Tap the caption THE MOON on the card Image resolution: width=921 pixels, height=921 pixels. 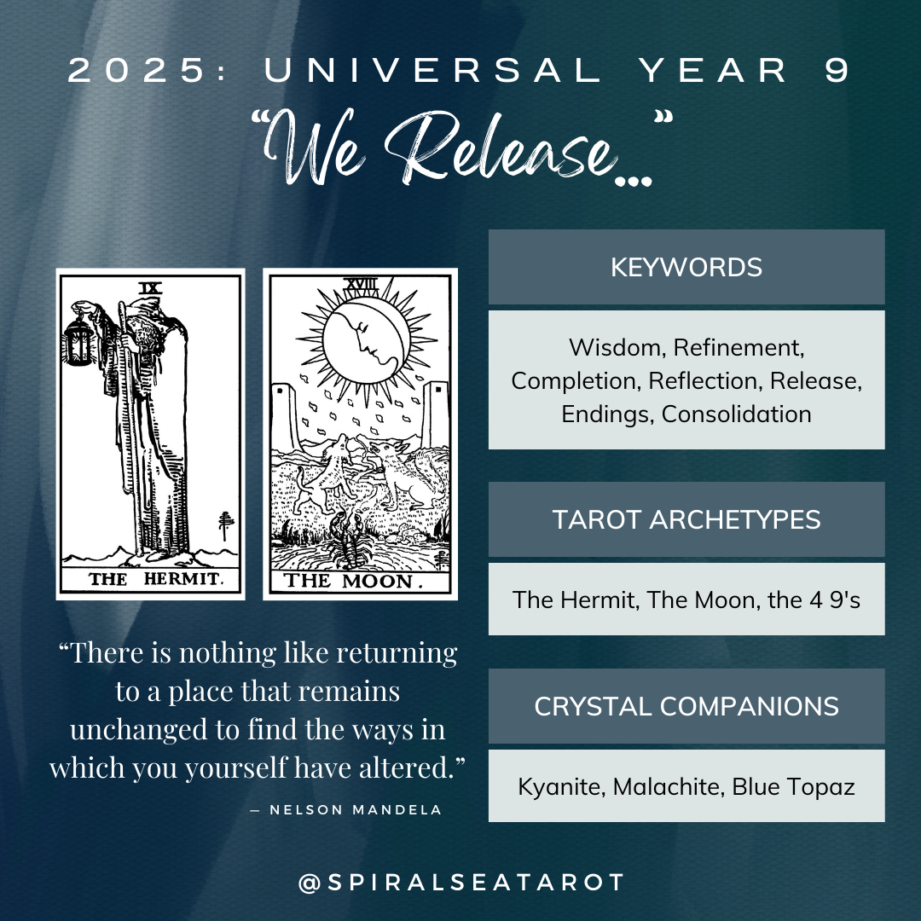coord(353,582)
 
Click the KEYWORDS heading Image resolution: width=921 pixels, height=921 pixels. coord(686,267)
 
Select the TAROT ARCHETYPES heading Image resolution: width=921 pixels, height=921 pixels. coord(686,519)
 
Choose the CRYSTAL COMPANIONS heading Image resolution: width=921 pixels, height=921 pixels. coord(686,706)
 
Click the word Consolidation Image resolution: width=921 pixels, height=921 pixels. coord(736,414)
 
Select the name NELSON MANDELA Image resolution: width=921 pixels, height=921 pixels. coord(356,809)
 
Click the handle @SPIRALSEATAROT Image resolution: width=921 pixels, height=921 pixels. coord(461,882)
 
